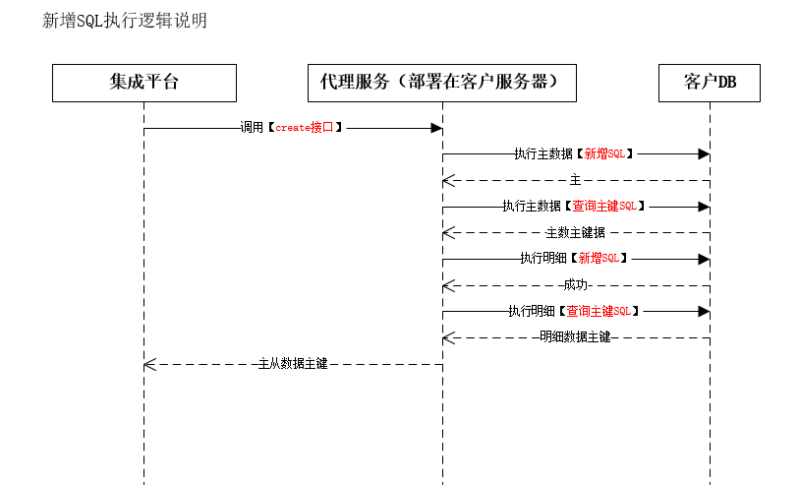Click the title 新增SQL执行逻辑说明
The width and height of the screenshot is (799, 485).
coord(125,21)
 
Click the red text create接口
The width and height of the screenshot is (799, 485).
coord(305,128)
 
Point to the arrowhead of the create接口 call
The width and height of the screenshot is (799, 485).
coord(436,128)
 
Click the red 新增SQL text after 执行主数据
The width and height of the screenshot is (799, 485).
coord(604,153)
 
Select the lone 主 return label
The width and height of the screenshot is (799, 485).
coord(575,180)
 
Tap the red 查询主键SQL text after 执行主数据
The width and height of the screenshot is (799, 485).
coord(604,206)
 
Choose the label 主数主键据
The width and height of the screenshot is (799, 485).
coord(575,232)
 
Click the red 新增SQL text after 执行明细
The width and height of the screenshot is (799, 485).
coord(599,258)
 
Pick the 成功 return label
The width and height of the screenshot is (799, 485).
coord(576,285)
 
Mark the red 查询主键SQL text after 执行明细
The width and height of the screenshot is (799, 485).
coord(599,311)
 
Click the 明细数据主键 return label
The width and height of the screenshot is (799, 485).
coord(575,337)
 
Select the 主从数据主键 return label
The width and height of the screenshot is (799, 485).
coord(293,364)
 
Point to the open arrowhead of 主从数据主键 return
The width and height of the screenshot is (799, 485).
coord(149,365)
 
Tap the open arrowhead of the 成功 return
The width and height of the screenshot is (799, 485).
coord(448,286)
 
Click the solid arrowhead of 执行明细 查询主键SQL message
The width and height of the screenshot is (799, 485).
coord(705,311)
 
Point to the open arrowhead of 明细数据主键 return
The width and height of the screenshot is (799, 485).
coord(448,338)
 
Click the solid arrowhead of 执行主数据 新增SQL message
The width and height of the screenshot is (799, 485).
coord(705,154)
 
